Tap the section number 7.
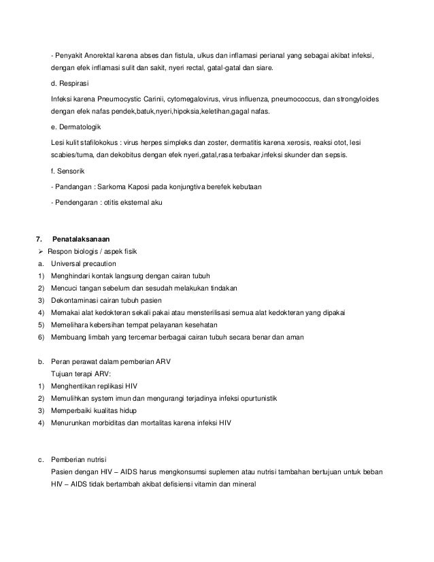[x=39, y=239]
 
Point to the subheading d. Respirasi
[x=69, y=85]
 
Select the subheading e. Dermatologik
[x=77, y=127]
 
